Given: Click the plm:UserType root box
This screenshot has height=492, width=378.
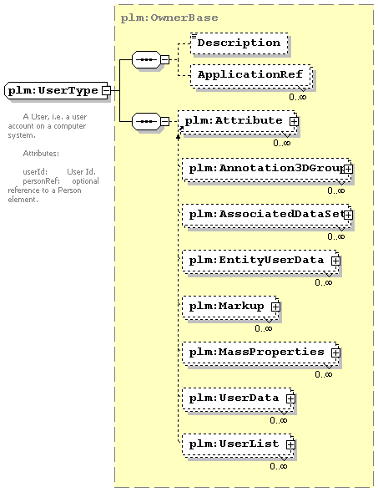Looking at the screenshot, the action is tap(58, 91).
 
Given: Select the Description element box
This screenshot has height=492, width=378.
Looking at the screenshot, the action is tap(239, 43).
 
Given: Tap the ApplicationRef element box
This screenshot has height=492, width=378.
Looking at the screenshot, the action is tap(250, 75).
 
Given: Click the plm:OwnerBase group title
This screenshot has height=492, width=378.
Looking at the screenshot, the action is tap(169, 18).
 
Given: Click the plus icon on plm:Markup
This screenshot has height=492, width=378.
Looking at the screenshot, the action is tap(275, 307).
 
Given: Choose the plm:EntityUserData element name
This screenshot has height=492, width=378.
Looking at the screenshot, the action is tap(256, 260).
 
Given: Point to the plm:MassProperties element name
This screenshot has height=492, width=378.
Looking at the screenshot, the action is tap(256, 352).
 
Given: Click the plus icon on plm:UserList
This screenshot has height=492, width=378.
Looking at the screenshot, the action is tap(290, 444).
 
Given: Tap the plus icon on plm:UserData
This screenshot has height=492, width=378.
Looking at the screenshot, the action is tap(290, 398).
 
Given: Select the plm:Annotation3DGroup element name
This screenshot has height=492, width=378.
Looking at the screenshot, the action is tap(266, 169).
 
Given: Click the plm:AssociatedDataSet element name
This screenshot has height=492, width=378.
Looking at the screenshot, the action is tap(266, 215).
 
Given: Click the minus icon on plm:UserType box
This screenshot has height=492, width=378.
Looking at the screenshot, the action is tap(107, 90).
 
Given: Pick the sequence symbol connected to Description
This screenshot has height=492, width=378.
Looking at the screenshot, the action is tap(146, 59).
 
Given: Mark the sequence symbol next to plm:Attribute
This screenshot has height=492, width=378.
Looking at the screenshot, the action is tap(146, 121).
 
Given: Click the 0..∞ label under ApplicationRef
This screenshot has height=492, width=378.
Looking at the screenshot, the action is tap(297, 97).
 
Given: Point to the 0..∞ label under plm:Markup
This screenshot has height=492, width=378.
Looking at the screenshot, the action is tap(264, 328).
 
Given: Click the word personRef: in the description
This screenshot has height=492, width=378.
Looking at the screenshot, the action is tap(42, 181).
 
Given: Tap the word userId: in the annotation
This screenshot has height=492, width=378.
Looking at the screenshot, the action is tap(35, 171).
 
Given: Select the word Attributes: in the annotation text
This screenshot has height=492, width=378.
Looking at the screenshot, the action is tap(41, 154).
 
